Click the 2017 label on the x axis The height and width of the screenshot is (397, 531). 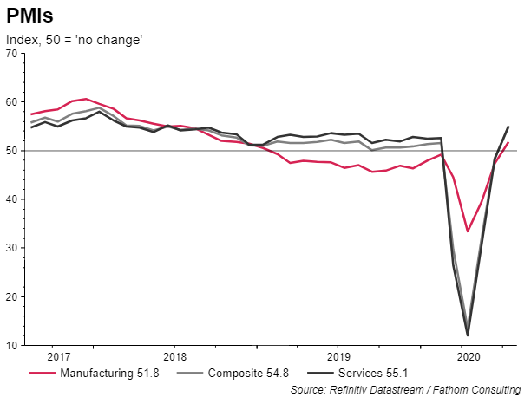point(58,356)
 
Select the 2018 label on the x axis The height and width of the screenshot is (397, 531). point(175,356)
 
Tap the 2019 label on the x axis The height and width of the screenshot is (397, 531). point(338,356)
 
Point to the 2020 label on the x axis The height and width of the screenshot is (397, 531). point(468,356)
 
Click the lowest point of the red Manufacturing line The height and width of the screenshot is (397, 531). point(469,231)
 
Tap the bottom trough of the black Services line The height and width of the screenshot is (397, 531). point(469,335)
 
